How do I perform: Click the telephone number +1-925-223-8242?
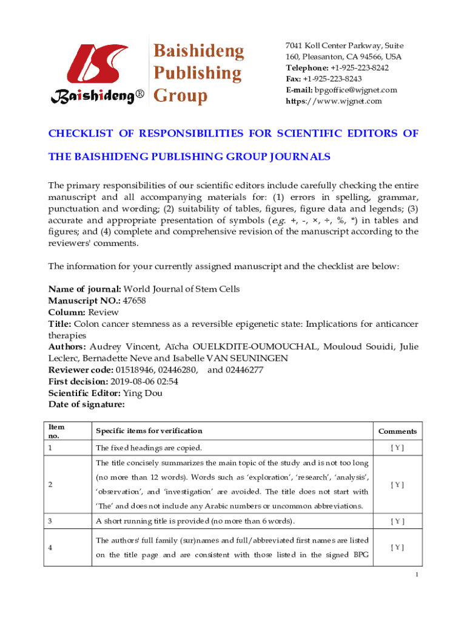click(x=360, y=68)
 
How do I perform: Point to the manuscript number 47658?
click(x=134, y=300)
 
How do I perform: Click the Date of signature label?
click(x=87, y=405)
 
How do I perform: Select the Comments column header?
click(x=397, y=431)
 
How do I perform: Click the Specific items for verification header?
click(x=149, y=431)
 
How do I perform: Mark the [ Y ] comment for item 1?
click(x=397, y=448)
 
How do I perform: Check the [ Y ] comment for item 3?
click(x=397, y=521)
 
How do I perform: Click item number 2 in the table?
click(x=51, y=485)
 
